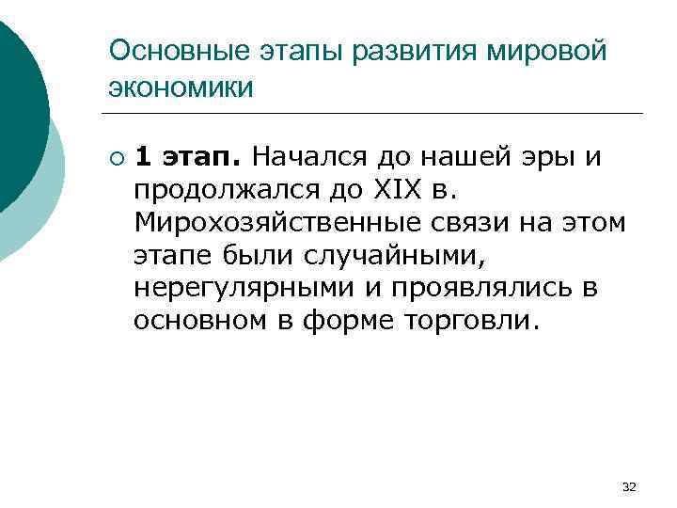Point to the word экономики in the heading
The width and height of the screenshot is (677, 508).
tap(181, 87)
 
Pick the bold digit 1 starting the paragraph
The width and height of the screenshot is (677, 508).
tap(143, 154)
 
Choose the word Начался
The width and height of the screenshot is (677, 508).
tap(305, 154)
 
